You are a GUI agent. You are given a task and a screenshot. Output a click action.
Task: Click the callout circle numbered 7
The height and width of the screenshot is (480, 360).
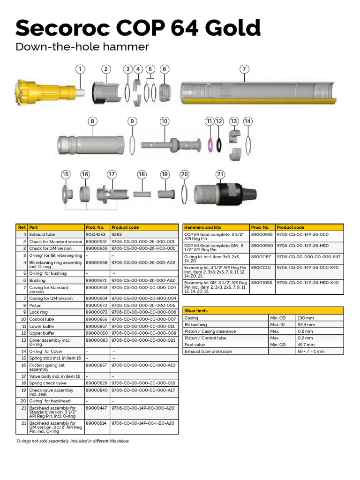click(244, 69)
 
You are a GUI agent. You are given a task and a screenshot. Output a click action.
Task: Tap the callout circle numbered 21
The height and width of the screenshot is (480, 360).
click(220, 174)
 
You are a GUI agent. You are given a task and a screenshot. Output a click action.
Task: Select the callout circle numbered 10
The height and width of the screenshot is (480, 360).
click(164, 121)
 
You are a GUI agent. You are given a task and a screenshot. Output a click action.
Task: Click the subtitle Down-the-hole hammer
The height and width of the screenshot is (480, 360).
click(82, 47)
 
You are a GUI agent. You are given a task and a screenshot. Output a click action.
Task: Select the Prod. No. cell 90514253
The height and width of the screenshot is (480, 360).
click(95, 234)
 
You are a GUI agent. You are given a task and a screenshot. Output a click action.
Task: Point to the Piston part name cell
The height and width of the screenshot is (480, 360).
click(36, 305)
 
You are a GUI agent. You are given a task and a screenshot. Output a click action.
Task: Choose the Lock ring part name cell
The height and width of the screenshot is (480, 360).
click(38, 312)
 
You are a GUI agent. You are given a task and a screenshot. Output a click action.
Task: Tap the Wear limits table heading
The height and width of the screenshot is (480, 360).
click(196, 311)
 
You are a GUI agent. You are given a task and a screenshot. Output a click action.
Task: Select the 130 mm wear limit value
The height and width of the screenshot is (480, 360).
click(306, 318)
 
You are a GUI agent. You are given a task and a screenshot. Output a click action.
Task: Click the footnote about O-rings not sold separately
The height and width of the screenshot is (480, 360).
click(73, 441)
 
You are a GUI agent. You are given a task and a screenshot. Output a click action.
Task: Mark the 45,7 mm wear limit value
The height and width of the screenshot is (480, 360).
click(306, 345)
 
